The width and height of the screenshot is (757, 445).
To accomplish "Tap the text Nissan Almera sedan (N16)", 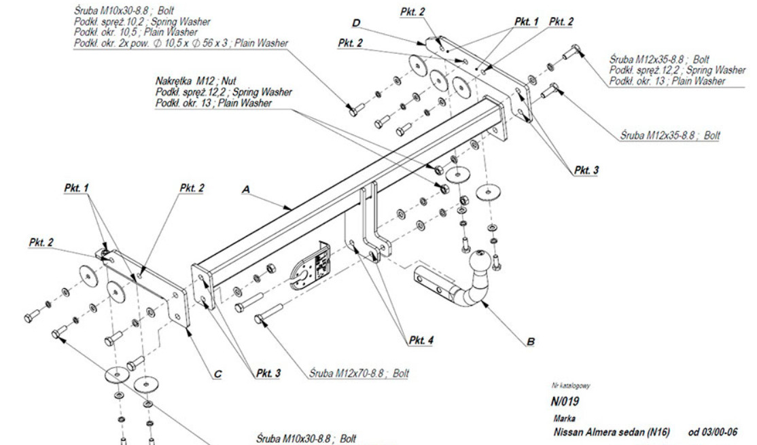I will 612,432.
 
